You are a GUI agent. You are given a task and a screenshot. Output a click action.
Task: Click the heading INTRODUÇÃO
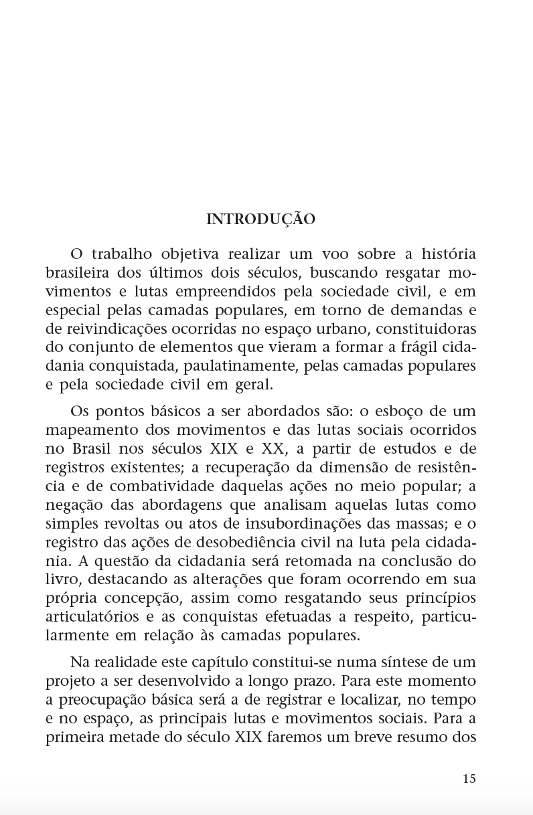[x=260, y=219]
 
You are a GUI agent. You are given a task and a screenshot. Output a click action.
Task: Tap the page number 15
[x=469, y=778]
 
